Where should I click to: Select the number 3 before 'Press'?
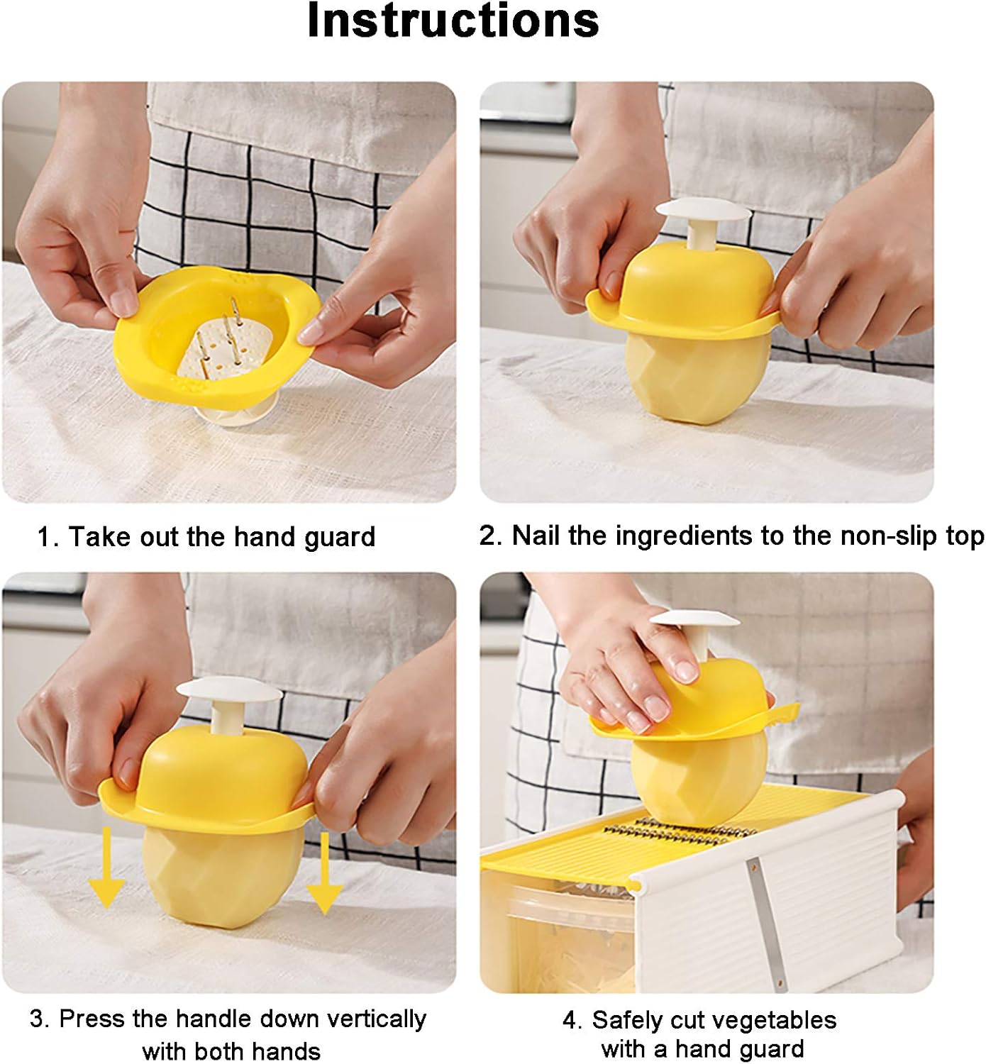tap(38, 1019)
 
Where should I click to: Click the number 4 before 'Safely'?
tap(572, 1021)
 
